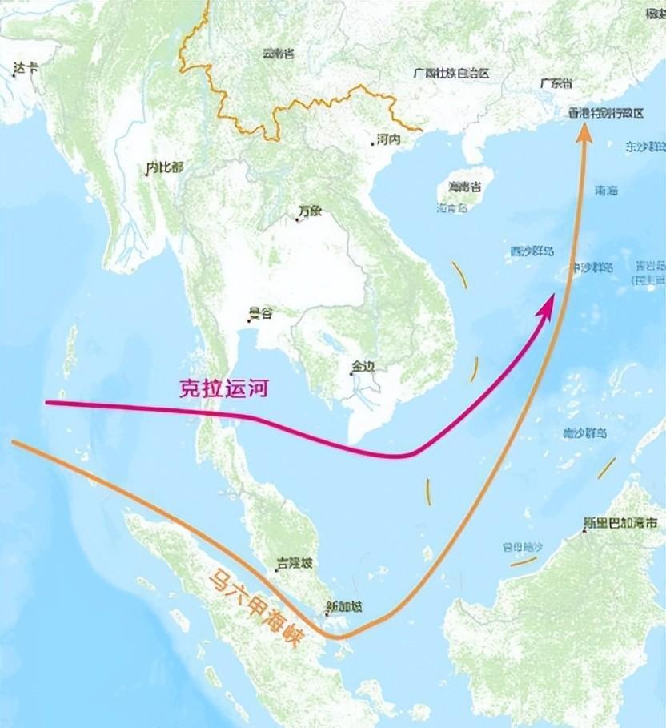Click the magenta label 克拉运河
click(x=222, y=389)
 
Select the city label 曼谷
click(x=260, y=313)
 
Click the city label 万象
click(x=309, y=211)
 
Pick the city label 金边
click(x=362, y=367)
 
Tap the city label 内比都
click(x=164, y=167)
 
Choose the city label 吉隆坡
click(x=292, y=564)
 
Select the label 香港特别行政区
click(x=605, y=114)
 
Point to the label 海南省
click(x=464, y=187)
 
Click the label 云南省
click(x=278, y=54)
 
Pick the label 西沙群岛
click(x=532, y=251)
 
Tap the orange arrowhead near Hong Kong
click(x=584, y=135)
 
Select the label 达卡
click(x=25, y=70)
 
